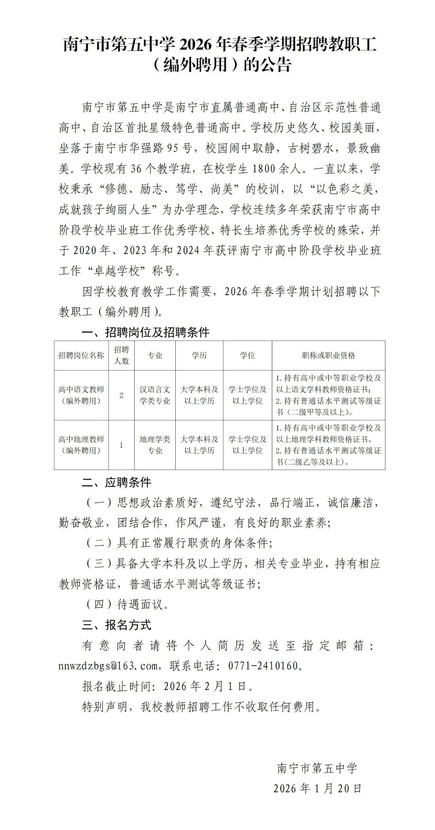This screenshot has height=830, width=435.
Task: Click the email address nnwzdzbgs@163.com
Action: [x=108, y=665]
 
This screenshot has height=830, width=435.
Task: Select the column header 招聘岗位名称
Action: [x=81, y=356]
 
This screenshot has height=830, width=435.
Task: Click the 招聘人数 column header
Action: [x=121, y=356]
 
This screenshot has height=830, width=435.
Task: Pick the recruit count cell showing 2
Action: [x=121, y=395]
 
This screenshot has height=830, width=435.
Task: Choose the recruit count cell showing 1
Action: [x=121, y=445]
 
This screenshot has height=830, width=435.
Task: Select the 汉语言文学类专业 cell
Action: [x=155, y=395]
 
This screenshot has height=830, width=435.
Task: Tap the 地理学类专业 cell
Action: [x=155, y=445]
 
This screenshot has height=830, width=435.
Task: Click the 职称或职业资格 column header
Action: [x=328, y=356]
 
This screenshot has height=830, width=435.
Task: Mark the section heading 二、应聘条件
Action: [x=117, y=482]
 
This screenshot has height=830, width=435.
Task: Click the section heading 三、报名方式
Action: [x=117, y=625]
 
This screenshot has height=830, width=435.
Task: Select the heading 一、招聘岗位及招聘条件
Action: [x=146, y=332]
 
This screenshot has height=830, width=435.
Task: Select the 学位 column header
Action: [x=247, y=356]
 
